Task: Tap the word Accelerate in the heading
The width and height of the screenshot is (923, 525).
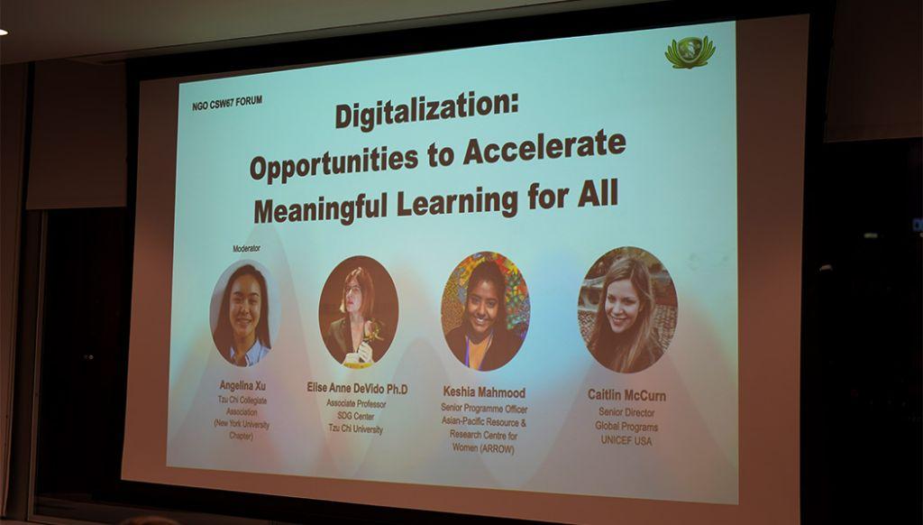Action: coord(544,147)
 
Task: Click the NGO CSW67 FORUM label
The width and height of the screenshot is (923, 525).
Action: coord(226,103)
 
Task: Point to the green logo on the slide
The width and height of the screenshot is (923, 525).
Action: coord(690,51)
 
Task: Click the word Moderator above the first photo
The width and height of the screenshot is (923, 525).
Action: coord(246,249)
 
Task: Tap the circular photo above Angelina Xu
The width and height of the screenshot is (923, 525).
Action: coord(244,313)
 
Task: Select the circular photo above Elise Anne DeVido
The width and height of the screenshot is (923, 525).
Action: coord(359,312)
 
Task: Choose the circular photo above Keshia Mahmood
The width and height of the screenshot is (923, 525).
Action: coord(486,310)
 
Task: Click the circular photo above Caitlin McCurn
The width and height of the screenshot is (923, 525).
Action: coord(627,309)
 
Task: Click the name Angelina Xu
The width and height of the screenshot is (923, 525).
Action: coord(242,386)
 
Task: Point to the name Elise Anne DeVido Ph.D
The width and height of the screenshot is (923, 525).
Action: coord(357,388)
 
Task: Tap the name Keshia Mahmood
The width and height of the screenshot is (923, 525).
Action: coord(484,392)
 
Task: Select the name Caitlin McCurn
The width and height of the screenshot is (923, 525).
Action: coord(626,395)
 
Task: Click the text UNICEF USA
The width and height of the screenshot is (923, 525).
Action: coord(626,441)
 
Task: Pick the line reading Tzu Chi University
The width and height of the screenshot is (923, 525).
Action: coord(355,429)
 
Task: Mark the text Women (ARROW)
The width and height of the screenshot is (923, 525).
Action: coord(483,448)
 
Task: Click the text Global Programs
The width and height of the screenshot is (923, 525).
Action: coord(626,427)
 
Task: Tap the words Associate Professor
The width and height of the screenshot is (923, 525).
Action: coord(356,403)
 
